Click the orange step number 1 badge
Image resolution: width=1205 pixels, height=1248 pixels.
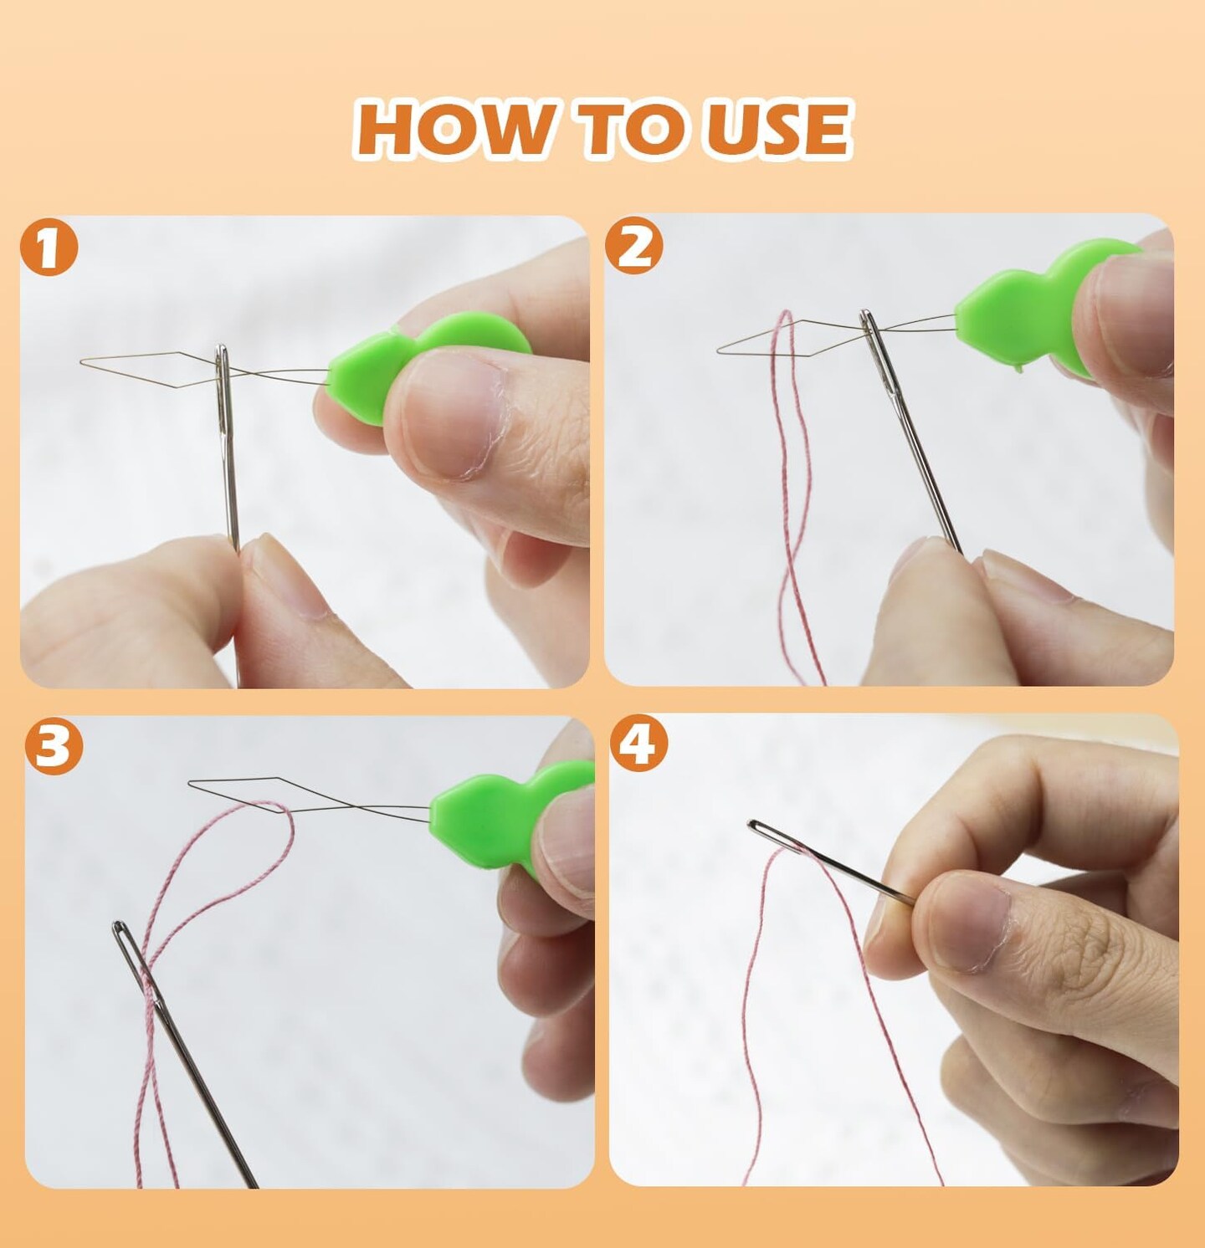(49, 248)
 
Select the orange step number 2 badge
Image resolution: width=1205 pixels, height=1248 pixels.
(634, 246)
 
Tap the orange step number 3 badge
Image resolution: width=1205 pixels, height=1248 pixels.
(54, 745)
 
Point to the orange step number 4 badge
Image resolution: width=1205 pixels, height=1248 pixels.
(639, 744)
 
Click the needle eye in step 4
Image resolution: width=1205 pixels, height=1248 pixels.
(761, 830)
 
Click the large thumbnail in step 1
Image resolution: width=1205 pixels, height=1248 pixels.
(452, 418)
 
